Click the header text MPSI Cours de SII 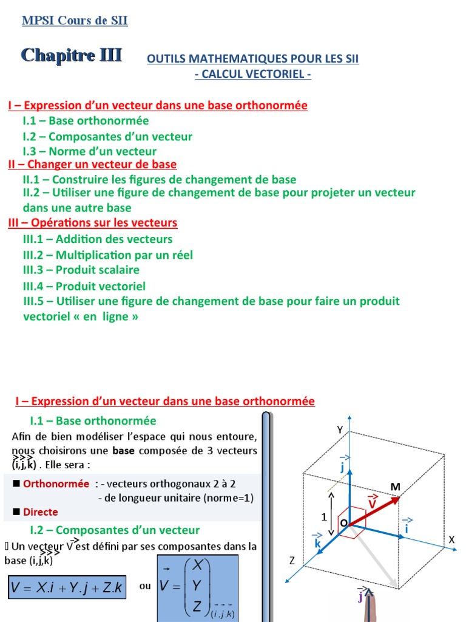click(75, 21)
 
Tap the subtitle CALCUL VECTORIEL click(252, 74)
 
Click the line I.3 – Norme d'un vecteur click(89, 151)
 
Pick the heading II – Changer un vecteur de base click(92, 165)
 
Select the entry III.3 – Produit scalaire click(81, 270)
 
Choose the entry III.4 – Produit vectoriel click(84, 286)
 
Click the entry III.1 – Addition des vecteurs click(97, 239)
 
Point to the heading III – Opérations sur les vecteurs click(93, 223)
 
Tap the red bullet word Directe click(41, 512)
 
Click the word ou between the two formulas click(145, 586)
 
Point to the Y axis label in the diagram click(340, 429)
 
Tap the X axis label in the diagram click(451, 539)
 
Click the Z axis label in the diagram click(291, 561)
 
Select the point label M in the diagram click(396, 487)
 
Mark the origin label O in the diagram click(343, 523)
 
